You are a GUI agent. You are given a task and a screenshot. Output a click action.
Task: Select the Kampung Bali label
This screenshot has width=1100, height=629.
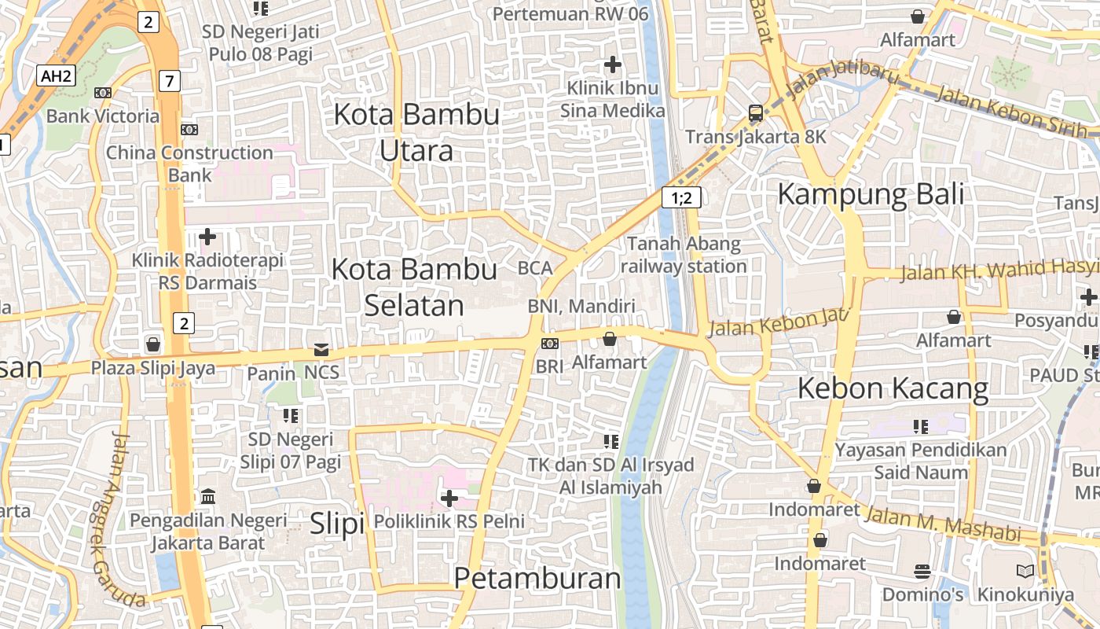tap(871, 193)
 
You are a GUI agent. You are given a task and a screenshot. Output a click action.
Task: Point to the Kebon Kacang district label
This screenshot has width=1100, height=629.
tap(893, 388)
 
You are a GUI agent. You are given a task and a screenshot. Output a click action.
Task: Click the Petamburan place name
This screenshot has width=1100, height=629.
tap(537, 579)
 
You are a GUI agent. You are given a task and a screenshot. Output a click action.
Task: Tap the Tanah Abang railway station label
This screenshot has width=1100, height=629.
tap(684, 255)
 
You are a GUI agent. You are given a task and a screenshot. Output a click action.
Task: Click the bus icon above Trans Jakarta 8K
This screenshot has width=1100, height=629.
tap(755, 113)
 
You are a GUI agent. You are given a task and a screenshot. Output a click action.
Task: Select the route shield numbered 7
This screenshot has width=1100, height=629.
tap(169, 80)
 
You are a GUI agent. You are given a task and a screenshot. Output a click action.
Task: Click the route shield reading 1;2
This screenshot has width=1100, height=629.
tap(680, 197)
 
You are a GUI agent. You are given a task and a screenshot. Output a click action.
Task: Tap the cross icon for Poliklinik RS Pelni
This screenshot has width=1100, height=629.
tap(449, 498)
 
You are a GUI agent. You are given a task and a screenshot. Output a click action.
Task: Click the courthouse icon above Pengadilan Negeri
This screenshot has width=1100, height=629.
tap(208, 496)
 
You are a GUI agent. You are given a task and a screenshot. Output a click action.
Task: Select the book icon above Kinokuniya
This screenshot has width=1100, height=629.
tap(1025, 571)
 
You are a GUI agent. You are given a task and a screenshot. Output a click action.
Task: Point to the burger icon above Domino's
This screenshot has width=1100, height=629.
tap(922, 571)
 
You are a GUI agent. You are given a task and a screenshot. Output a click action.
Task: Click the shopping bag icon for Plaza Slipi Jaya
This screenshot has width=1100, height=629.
tap(153, 344)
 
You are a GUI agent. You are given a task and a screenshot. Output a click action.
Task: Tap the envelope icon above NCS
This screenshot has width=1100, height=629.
tap(321, 349)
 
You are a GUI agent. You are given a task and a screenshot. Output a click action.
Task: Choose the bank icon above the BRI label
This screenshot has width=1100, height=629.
tap(550, 344)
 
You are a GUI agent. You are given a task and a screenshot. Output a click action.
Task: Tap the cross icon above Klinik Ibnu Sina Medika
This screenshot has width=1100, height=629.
tap(612, 64)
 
